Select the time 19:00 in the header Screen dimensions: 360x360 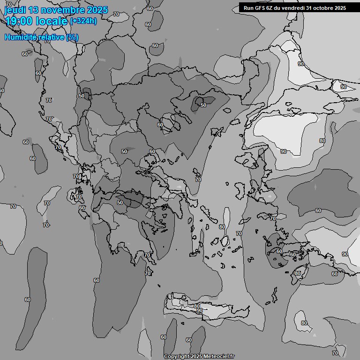tap(19, 21)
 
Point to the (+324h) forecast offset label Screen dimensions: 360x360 tap(83, 21)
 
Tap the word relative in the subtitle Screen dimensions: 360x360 tap(52, 37)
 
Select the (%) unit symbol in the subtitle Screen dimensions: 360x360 tap(72, 37)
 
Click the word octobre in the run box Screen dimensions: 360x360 tap(322, 8)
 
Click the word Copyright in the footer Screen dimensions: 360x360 tap(176, 357)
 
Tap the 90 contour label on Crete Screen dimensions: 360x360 tap(200, 310)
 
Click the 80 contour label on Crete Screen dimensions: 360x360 tap(197, 306)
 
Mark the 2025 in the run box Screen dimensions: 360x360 tap(340, 8)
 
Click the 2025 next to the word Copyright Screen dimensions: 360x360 tap(196, 357)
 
